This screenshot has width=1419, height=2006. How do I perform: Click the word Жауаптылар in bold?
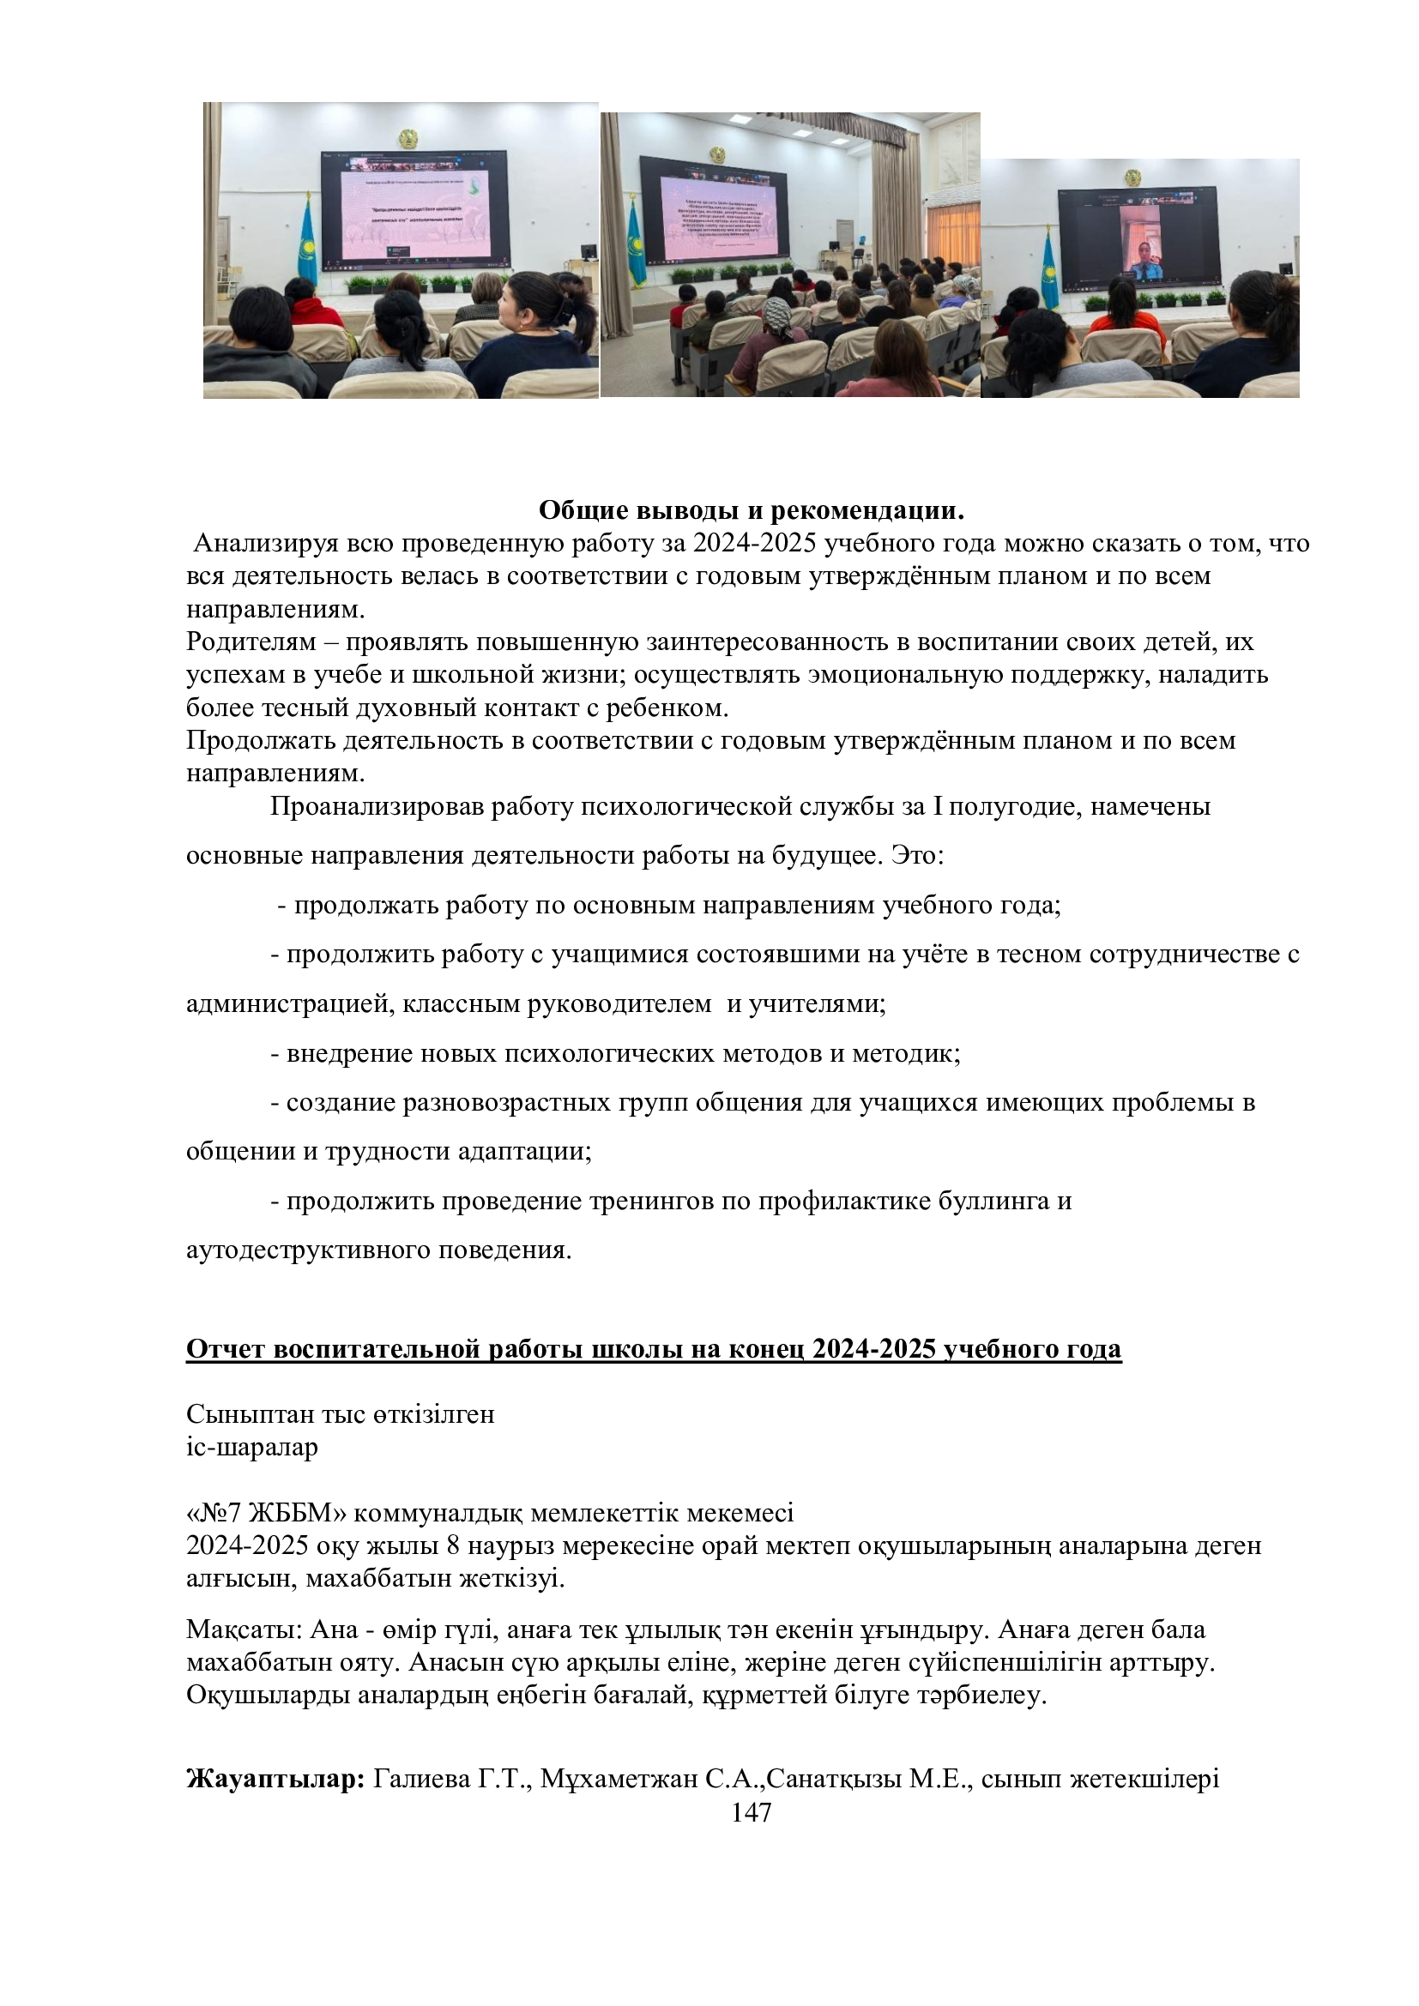[x=275, y=1779]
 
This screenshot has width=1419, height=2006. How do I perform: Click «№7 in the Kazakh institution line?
[x=214, y=1512]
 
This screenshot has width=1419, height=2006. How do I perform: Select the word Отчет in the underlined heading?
[x=226, y=1349]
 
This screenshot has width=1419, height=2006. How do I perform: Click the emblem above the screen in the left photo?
[x=409, y=138]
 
